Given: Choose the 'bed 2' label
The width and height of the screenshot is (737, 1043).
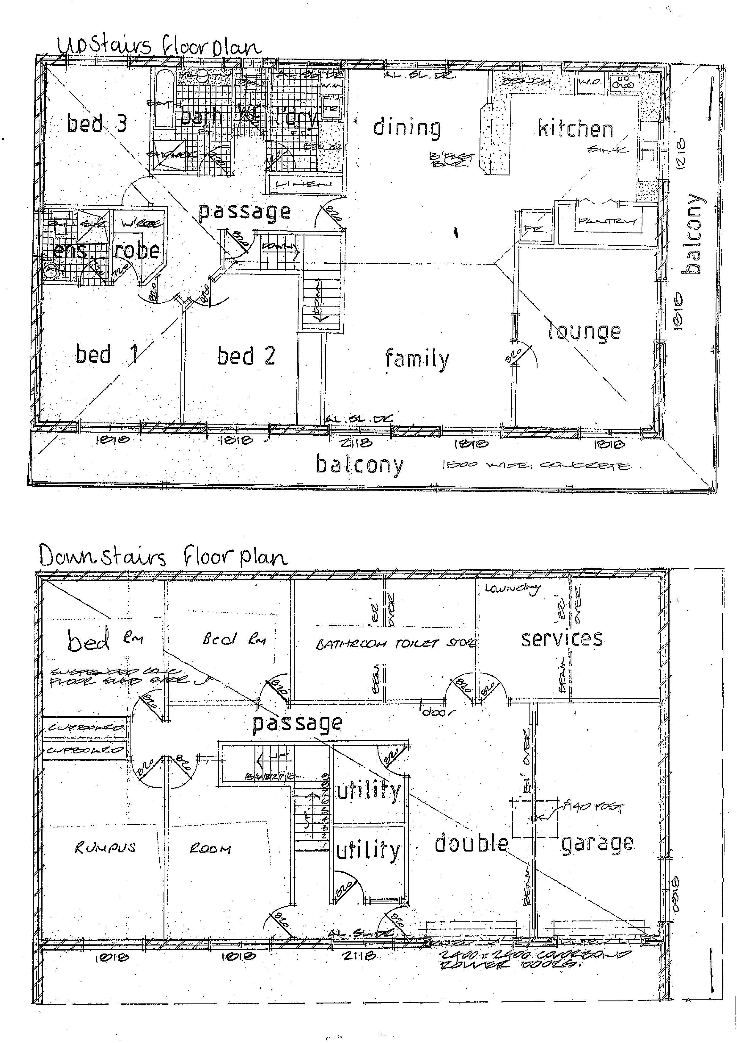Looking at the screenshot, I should tap(246, 356).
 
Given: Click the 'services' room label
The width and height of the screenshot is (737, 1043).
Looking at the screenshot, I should tap(562, 639).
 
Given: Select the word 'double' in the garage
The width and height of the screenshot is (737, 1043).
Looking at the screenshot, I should tap(471, 843).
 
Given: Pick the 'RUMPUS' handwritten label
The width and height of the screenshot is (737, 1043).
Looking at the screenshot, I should tap(105, 847).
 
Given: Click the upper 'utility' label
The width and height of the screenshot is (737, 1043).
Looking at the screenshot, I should tap(369, 791).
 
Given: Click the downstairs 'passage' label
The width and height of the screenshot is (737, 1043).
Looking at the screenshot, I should tap(297, 723).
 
